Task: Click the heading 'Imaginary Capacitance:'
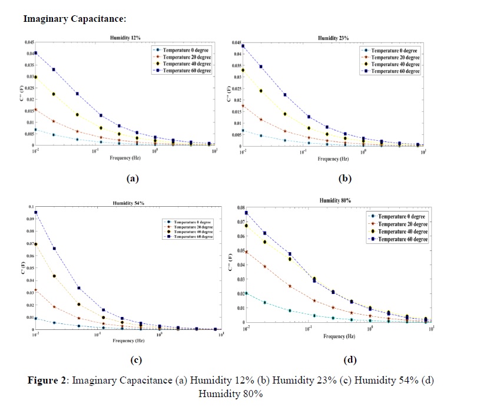point(75,19)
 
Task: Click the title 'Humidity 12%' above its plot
point(125,38)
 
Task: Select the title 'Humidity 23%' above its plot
point(333,38)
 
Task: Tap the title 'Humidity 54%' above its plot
point(128,203)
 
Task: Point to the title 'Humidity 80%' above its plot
point(336,201)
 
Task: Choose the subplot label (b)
point(344,177)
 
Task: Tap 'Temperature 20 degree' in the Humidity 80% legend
point(402,224)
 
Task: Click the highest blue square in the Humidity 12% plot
point(35,53)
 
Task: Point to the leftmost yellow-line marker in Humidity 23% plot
point(243,70)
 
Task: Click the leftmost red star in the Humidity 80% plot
point(246,252)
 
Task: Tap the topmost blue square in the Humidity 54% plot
point(36,212)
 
